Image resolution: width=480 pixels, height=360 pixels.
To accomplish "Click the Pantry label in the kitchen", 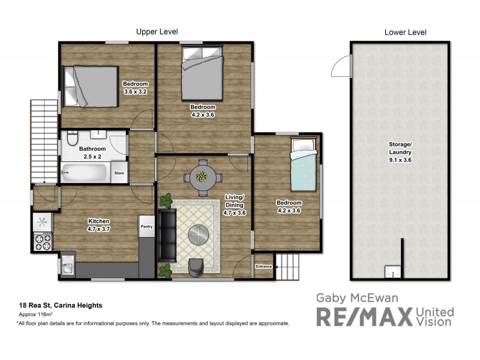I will (146, 226).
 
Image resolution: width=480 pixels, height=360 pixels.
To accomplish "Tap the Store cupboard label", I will (119, 173).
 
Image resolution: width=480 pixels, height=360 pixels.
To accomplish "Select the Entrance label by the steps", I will (264, 266).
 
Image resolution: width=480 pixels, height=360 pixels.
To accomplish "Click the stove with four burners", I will (43, 242).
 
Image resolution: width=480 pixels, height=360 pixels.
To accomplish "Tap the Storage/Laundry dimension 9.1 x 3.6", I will (399, 160).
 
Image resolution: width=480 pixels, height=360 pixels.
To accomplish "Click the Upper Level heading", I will (157, 31).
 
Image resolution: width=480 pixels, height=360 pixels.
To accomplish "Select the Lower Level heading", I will (405, 32).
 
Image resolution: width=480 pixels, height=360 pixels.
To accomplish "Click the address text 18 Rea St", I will (61, 305).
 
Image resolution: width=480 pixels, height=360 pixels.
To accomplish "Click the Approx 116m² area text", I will (36, 314).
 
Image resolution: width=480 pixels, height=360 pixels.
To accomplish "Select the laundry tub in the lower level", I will (392, 273).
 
